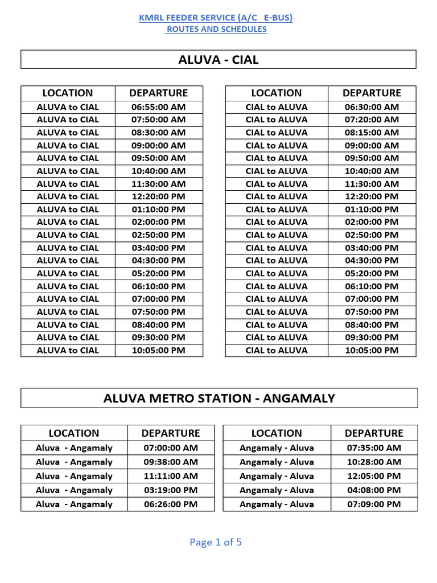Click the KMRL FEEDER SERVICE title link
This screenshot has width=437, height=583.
coord(216,18)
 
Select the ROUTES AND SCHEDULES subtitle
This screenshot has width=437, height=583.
coord(216,29)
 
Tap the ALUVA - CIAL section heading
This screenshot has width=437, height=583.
coord(218,60)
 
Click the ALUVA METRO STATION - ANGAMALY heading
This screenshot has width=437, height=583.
coord(219,398)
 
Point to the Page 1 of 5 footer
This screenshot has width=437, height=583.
coord(216,542)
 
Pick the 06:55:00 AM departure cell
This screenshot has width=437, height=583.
coord(158,107)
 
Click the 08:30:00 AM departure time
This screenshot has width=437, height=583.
coord(158,133)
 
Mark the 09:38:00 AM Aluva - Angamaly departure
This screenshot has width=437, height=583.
coord(171,462)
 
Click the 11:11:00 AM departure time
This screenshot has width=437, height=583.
coord(171,476)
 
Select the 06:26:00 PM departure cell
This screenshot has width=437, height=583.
coord(171,504)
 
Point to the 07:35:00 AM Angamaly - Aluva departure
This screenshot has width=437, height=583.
coord(374,448)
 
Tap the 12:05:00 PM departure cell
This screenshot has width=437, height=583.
coord(374,476)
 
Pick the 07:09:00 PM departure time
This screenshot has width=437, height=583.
coord(374,504)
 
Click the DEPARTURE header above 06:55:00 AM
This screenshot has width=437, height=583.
coord(158,93)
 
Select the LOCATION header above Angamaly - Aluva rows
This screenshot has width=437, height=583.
coord(277,433)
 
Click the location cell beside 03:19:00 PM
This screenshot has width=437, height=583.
coord(74,490)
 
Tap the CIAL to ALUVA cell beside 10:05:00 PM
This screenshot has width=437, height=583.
coord(277,350)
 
